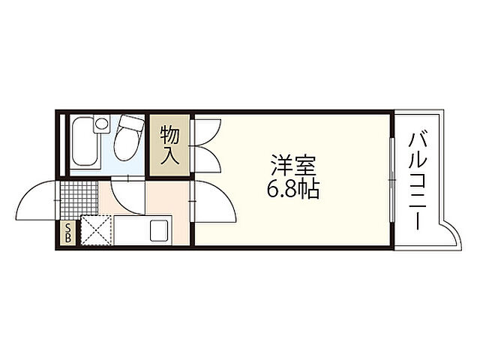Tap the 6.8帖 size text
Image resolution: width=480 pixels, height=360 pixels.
click(293, 188)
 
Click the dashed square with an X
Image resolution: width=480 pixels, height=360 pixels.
click(96, 229)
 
